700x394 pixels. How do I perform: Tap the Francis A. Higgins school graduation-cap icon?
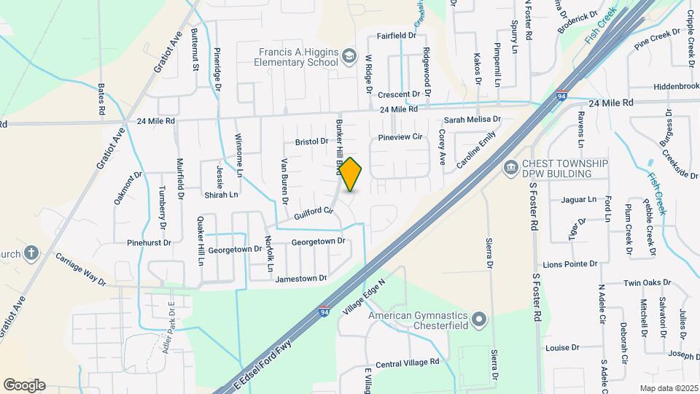coord(349,56)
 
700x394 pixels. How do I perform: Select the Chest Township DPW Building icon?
coord(510,169)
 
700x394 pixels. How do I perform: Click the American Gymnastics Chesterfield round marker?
coord(479,320)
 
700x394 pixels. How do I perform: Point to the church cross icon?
coord(31,253)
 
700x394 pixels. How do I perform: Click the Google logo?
coord(24,385)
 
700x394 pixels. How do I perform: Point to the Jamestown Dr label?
coord(301,278)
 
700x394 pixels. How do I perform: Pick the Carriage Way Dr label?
coord(81,269)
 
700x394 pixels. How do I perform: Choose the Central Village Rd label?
coord(408,362)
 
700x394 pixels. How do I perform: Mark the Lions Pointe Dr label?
coord(570,264)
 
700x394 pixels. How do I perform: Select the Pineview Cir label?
coord(400,136)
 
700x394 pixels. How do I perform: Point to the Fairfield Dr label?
coord(397,35)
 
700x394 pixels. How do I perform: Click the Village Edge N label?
coord(363,301)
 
